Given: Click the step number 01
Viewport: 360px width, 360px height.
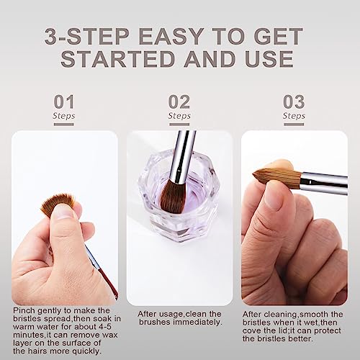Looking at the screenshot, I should pos(63,102).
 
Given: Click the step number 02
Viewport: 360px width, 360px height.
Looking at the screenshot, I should pos(179,102).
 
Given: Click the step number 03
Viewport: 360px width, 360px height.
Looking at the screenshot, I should pos(294,102).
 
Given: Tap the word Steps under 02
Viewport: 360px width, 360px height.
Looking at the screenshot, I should pos(179,116).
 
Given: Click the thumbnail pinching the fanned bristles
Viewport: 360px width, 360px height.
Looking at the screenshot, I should pos(63,211).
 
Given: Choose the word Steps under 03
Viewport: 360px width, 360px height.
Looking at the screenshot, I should pos(294,116).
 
